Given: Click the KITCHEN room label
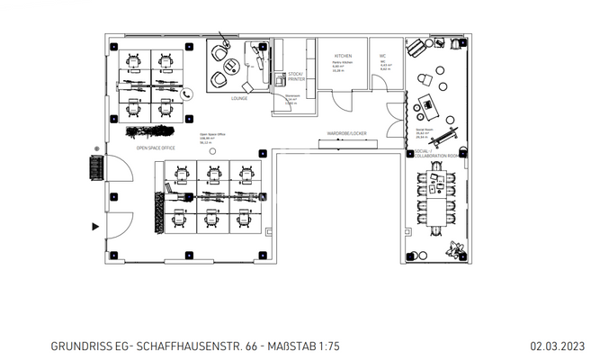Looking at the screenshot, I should pos(344,56).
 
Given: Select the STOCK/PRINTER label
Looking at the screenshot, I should pos(296,76).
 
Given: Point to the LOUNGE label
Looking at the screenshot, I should pos(239,98).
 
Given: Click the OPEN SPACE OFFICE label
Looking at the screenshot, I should pos(155,147).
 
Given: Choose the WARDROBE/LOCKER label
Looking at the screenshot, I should pos(346,134).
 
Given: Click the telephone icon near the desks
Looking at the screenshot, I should pos(187,94).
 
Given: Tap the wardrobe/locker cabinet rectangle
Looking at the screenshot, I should pos(346,142).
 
